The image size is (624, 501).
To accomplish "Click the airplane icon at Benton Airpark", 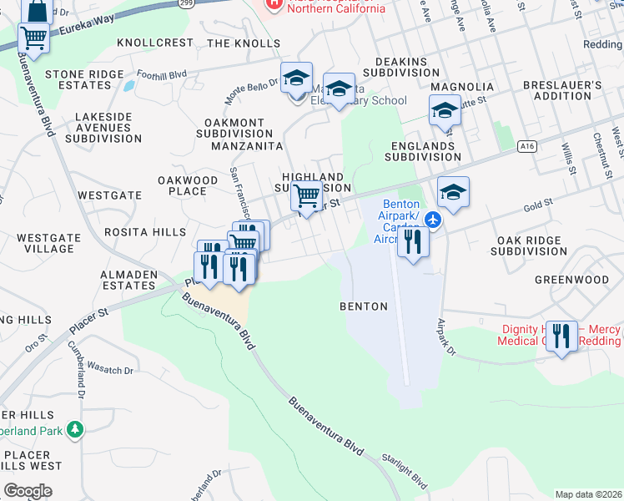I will pyautogui.click(x=432, y=220).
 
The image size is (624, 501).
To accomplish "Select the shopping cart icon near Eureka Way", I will pyautogui.click(x=33, y=36).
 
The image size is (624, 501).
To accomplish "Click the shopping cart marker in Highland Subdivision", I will pyautogui.click(x=307, y=196).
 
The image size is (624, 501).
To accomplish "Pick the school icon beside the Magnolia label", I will pyautogui.click(x=445, y=110).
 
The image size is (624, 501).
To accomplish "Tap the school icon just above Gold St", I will pyautogui.click(x=453, y=191).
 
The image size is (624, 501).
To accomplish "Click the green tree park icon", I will pyautogui.click(x=76, y=429).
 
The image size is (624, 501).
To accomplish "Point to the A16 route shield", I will pyautogui.click(x=526, y=146).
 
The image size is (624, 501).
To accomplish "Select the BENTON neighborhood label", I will pyautogui.click(x=364, y=306).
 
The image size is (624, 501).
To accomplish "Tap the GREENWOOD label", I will pyautogui.click(x=571, y=280).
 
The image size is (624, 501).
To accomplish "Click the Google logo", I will pyautogui.click(x=28, y=490).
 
